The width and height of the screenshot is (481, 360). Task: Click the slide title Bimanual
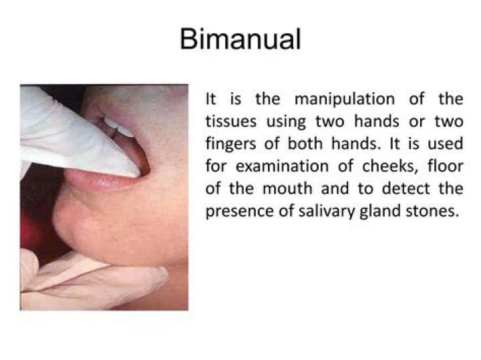[x=240, y=39]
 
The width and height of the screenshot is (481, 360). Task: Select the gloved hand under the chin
[x=80, y=277]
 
